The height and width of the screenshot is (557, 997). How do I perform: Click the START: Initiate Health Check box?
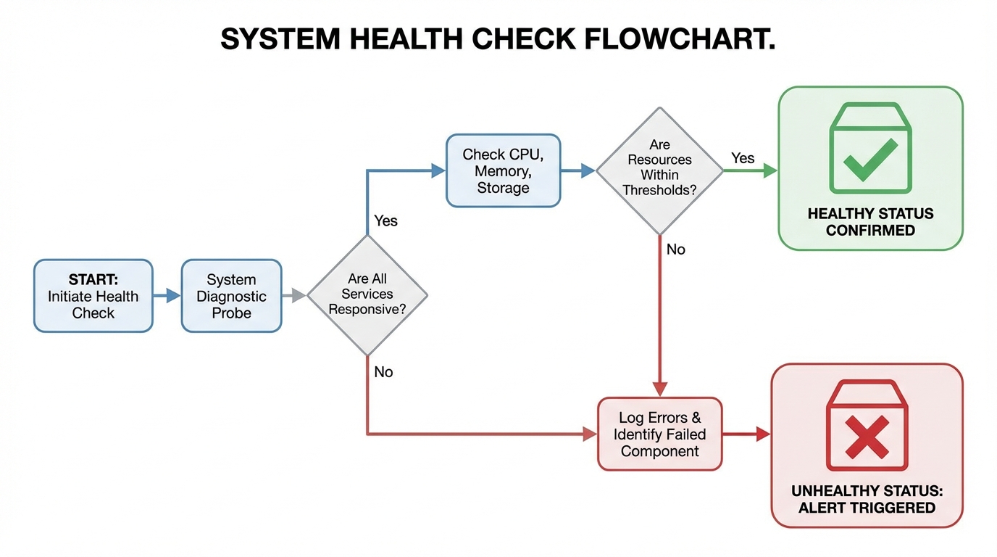[93, 296]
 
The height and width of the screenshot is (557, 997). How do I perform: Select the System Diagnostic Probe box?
[231, 296]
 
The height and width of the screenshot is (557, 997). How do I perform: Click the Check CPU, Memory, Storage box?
[503, 170]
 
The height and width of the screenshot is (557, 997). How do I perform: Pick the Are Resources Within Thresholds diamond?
[659, 170]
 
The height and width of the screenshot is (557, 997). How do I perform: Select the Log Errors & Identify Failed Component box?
[659, 434]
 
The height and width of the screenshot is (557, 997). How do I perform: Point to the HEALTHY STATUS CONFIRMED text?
[870, 222]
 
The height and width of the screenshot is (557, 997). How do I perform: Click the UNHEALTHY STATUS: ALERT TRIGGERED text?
[867, 499]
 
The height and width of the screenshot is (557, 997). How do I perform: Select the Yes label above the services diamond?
[385, 220]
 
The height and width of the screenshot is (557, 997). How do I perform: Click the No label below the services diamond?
[383, 372]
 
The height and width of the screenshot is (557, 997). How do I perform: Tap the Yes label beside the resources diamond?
[743, 158]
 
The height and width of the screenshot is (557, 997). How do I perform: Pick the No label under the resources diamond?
[675, 249]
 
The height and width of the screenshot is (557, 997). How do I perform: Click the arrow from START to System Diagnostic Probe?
[167, 296]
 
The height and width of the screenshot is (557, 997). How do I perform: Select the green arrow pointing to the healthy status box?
[751, 171]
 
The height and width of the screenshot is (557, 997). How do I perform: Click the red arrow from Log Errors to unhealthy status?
[746, 434]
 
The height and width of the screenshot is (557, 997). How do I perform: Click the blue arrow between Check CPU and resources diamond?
[578, 171]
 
